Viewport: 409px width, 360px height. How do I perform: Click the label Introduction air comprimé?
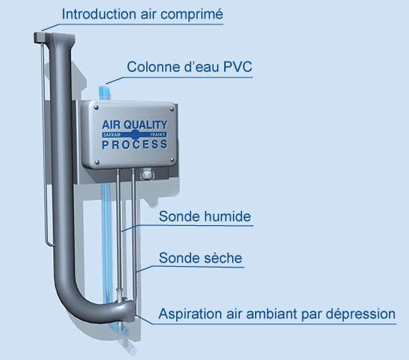143,14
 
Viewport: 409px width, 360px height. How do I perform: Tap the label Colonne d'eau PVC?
190,67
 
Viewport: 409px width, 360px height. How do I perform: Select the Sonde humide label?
205,217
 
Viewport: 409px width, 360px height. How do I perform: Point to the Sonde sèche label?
201,258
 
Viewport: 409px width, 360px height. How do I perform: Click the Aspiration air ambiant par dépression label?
277,314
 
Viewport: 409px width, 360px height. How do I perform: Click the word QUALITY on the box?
145,125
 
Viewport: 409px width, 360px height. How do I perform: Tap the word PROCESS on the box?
135,145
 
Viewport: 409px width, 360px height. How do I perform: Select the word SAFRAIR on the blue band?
112,135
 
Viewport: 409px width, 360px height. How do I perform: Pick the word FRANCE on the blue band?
158,135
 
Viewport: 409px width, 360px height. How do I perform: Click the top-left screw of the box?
96,108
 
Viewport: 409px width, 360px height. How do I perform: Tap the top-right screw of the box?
172,109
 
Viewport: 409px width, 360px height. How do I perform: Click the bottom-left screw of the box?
97,162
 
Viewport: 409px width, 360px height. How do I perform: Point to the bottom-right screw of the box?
172,159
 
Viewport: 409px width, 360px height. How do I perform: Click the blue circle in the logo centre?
135,135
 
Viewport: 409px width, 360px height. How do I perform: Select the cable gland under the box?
147,174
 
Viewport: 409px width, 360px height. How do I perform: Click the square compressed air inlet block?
41,37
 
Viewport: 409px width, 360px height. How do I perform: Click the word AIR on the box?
112,125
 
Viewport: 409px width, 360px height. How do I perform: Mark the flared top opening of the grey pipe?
62,38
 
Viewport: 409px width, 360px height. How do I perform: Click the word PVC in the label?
238,67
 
